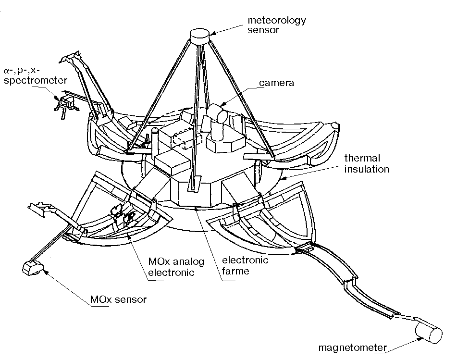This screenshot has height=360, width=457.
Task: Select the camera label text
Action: pyautogui.click(x=277, y=83)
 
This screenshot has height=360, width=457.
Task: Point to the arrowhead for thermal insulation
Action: pyautogui.click(x=284, y=178)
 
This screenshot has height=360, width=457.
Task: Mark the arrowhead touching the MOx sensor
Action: pyautogui.click(x=46, y=272)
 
